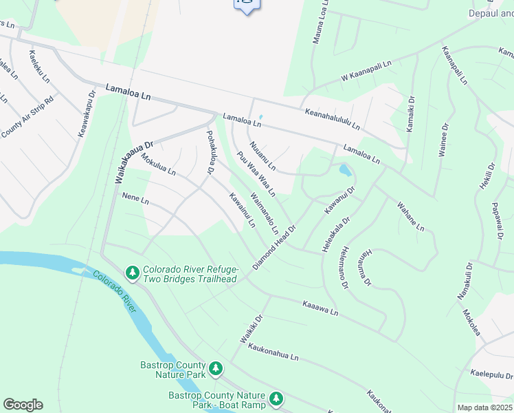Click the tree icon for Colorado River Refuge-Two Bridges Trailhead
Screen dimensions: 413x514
[x=133, y=274]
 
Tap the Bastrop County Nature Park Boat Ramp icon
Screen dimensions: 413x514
[x=276, y=399]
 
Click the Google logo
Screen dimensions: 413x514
[x=23, y=405]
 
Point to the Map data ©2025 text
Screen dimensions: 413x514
[x=484, y=407]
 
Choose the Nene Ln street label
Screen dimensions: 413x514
[x=135, y=198]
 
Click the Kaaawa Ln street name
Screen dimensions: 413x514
[x=320, y=308]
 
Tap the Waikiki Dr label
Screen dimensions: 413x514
[x=252, y=330]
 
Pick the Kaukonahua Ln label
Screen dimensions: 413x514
[x=274, y=352]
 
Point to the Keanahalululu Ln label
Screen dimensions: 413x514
[x=333, y=116]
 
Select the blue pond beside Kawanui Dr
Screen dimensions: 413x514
[x=344, y=169]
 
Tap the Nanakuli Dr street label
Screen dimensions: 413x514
[x=465, y=280]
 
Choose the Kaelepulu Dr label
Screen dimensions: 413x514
[x=492, y=374]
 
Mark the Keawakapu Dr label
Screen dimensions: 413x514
[x=86, y=112]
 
